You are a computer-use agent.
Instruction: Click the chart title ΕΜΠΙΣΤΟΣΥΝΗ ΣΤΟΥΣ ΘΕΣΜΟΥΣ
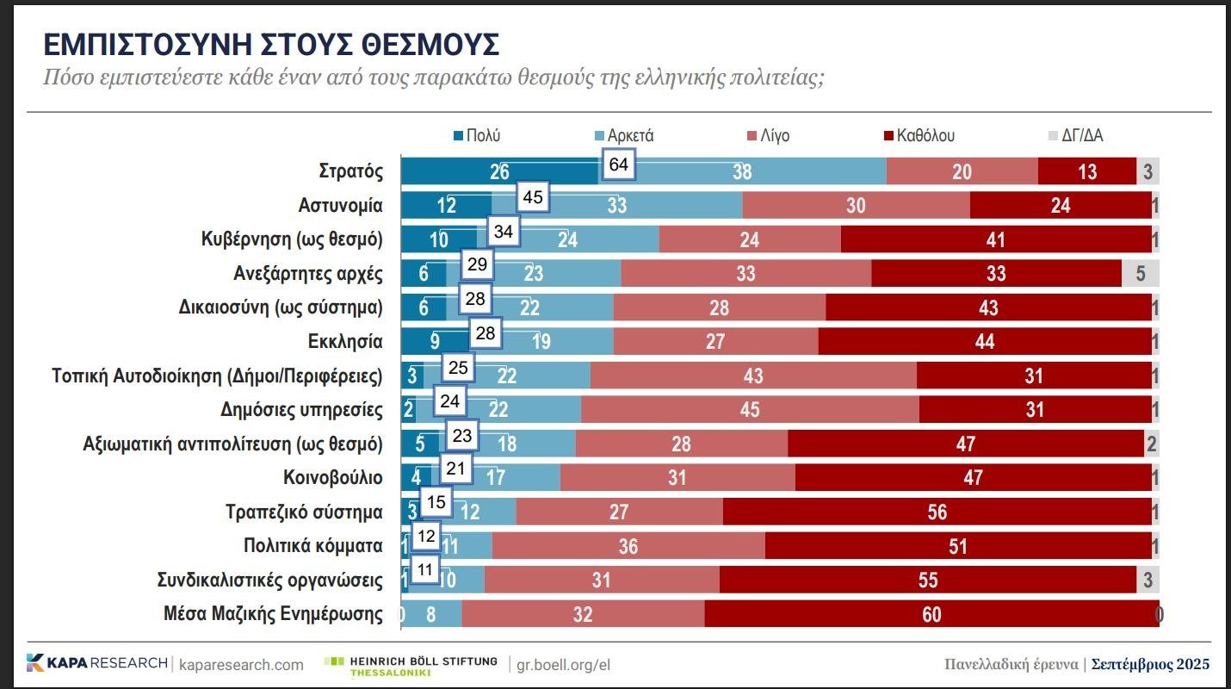[x=271, y=45]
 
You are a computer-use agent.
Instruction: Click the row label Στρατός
[x=350, y=171]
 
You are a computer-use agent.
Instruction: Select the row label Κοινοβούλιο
[x=333, y=477]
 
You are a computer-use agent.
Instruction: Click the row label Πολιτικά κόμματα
[x=313, y=546]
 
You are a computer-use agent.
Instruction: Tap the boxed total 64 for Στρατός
[x=618, y=164]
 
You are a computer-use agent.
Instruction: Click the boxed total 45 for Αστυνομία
[x=533, y=197]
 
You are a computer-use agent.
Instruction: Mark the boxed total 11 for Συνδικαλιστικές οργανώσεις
[x=424, y=569]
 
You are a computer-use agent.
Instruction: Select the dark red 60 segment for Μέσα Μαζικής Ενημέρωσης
[x=931, y=614]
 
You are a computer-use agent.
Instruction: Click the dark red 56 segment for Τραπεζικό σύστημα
[x=937, y=512]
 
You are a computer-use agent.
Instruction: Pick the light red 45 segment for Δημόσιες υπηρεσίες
[x=750, y=409]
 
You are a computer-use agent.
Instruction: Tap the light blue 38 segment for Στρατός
[x=742, y=171]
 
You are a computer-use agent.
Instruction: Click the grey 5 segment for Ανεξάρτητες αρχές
[x=1140, y=273]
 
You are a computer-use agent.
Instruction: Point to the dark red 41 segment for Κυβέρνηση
[x=995, y=239]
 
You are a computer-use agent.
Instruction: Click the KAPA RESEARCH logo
[x=96, y=663]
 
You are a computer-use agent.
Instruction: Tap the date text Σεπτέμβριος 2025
[x=1150, y=664]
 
